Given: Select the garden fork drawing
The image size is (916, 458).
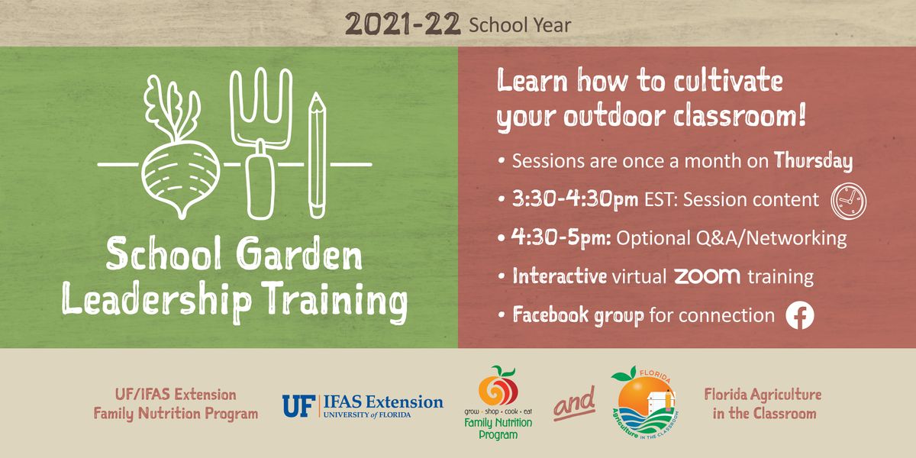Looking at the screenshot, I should click(x=260, y=145).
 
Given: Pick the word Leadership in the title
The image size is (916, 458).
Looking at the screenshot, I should click(x=156, y=299).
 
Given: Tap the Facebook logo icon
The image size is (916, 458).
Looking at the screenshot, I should click(x=800, y=315).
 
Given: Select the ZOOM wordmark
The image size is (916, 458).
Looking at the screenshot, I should click(x=707, y=276).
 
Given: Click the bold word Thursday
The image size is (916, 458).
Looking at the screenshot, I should click(x=813, y=161).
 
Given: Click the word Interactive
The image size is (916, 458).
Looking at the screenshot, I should click(x=560, y=276).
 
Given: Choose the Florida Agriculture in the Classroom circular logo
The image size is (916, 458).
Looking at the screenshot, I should click(x=644, y=402).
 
